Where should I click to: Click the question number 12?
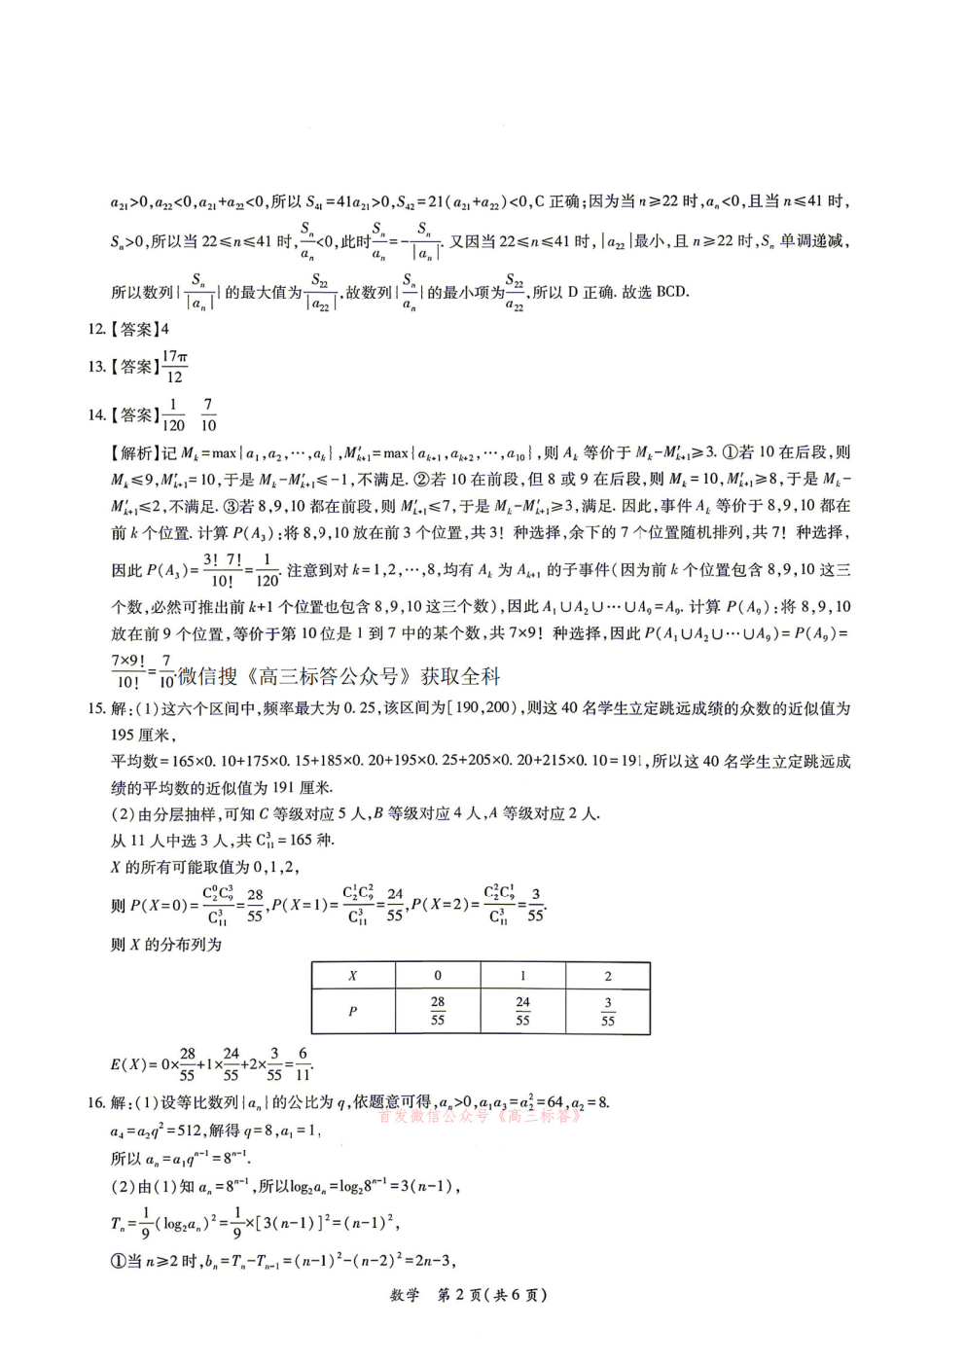(x=95, y=330)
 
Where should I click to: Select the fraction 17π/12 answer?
(x=174, y=367)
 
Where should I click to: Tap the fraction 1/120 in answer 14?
(x=173, y=415)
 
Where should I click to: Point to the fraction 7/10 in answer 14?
(x=208, y=415)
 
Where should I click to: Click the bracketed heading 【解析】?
(x=135, y=452)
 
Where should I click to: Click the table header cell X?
(x=352, y=976)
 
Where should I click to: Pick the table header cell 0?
(x=438, y=976)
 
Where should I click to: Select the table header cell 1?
(x=522, y=976)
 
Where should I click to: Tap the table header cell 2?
(x=608, y=976)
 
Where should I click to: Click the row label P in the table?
(x=352, y=1012)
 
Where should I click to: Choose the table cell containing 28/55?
(x=438, y=1012)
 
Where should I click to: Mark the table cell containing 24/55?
(x=522, y=1012)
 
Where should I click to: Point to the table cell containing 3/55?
(x=608, y=1012)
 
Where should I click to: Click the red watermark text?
(x=481, y=1117)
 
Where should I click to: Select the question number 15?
(x=95, y=708)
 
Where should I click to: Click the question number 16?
(x=95, y=1102)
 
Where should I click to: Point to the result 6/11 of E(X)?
(x=303, y=1064)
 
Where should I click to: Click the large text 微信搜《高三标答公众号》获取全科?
(x=339, y=676)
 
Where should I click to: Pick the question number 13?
(x=95, y=367)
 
